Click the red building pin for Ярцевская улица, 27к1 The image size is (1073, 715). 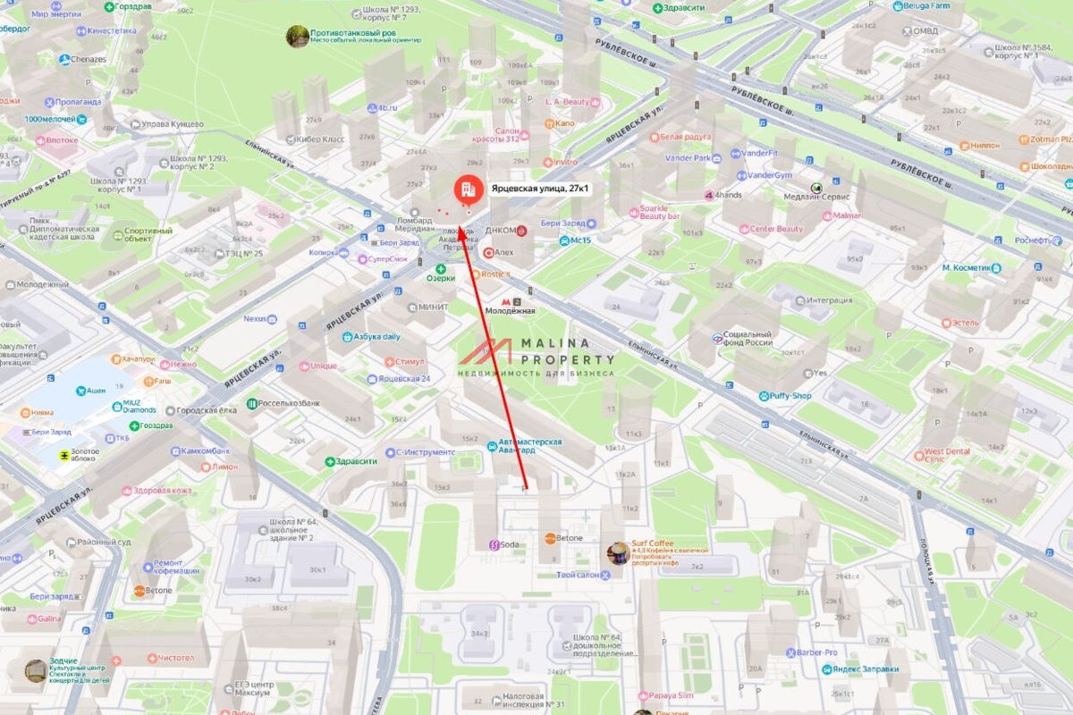465,189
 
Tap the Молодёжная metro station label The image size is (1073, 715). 510,310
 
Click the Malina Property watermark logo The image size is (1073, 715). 536,356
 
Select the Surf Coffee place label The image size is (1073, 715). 652,543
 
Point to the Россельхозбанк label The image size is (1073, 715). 289,403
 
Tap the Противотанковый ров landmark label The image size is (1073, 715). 352,33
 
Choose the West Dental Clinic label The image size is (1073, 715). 946,454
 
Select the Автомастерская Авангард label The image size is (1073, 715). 530,445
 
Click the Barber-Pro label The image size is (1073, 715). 816,652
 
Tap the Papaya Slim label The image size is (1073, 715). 672,695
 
